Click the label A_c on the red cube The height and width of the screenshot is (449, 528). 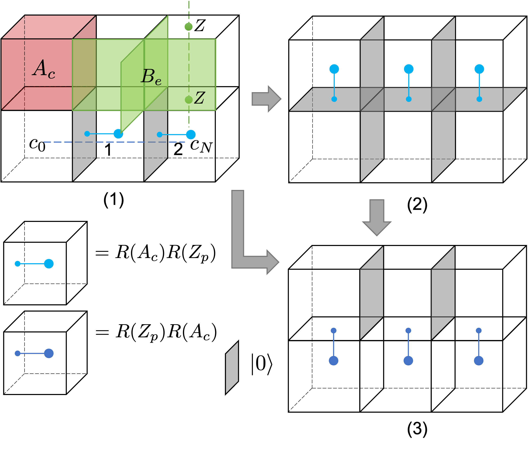point(44,69)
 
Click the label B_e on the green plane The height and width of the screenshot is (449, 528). point(151,77)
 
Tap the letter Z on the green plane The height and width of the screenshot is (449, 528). point(199,98)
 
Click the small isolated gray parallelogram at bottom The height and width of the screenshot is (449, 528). point(232,368)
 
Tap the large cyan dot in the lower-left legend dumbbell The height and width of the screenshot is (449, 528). point(49,264)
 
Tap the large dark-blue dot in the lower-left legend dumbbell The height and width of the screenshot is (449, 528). point(49,353)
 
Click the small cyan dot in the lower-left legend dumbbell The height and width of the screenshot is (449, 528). point(18,264)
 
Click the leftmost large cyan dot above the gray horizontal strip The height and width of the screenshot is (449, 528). point(334,69)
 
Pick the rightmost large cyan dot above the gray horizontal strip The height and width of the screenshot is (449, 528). point(479,69)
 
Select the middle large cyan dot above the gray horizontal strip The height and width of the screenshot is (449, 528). point(409,69)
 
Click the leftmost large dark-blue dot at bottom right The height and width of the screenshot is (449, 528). point(333,361)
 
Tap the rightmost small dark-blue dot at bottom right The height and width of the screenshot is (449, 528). point(479,331)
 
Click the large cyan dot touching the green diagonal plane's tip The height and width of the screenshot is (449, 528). point(118,134)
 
